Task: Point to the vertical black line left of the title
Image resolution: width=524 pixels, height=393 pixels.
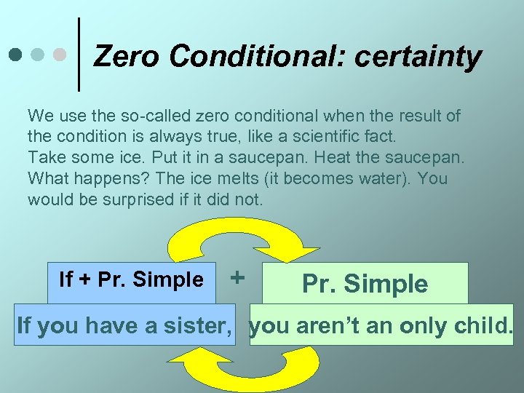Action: (x=78, y=55)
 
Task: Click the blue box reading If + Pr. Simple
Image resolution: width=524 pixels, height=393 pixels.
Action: (x=132, y=281)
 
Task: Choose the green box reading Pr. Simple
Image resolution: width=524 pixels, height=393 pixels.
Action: (x=365, y=283)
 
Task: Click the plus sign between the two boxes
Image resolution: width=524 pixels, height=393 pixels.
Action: (x=237, y=277)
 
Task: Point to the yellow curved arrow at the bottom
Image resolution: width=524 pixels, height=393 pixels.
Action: (x=247, y=367)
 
